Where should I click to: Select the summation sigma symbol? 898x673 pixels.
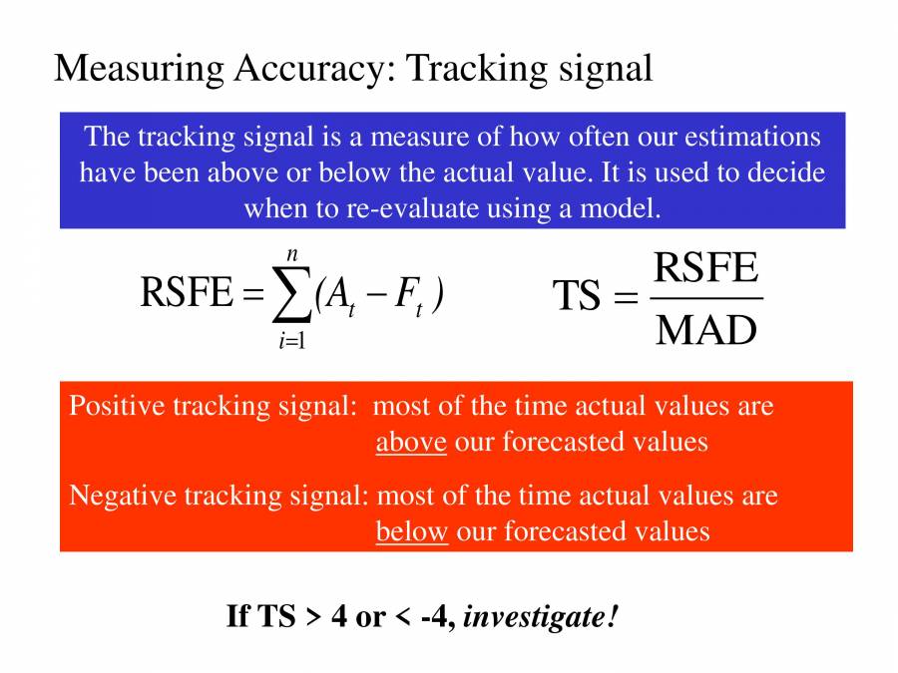tap(291, 296)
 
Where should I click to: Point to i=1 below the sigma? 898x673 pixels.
tap(292, 341)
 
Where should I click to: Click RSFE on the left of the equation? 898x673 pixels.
tap(186, 294)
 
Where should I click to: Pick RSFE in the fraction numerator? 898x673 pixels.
tap(705, 268)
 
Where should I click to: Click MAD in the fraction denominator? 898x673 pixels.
tap(705, 329)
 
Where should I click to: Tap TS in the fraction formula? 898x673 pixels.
tap(577, 297)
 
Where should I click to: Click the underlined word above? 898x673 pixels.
tap(410, 442)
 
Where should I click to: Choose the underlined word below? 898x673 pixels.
tap(411, 531)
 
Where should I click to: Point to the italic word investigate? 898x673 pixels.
tap(540, 617)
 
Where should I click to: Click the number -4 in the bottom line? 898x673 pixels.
tap(437, 617)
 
